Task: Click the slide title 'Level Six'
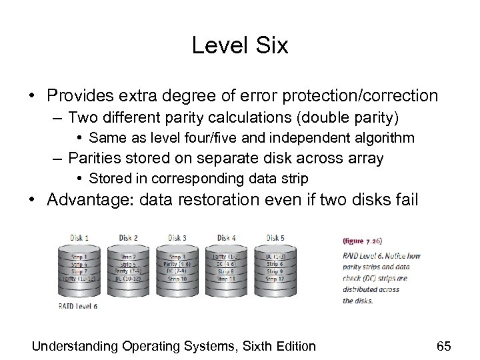pyautogui.click(x=239, y=45)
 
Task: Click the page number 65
pyautogui.click(x=443, y=345)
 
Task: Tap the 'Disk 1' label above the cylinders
pyautogui.click(x=81, y=237)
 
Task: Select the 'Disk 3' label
pyautogui.click(x=177, y=237)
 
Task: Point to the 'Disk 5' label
pyautogui.click(x=275, y=237)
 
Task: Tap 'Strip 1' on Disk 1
pyautogui.click(x=81, y=255)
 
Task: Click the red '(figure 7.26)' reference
pyautogui.click(x=363, y=240)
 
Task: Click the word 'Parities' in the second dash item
pyautogui.click(x=95, y=159)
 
